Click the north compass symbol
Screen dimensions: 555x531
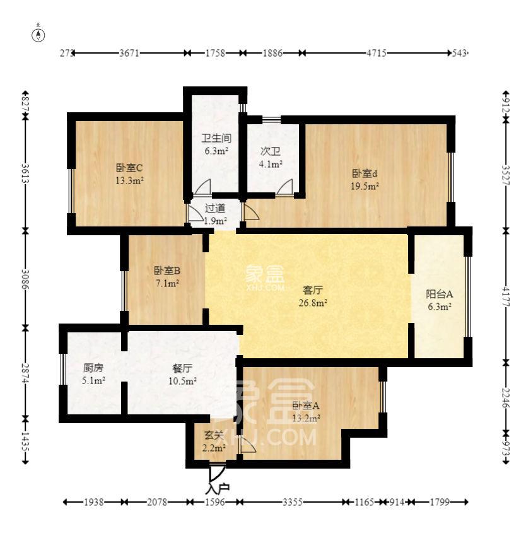point(39,34)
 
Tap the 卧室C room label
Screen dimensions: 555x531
point(129,168)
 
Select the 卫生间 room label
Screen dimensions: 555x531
point(216,138)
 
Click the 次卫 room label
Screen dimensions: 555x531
point(271,151)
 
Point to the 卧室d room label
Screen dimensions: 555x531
point(365,173)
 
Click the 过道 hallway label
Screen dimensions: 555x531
point(214,208)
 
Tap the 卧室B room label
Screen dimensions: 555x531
point(167,271)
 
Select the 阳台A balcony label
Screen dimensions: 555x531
point(440,294)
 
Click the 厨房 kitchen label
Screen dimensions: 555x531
point(93,368)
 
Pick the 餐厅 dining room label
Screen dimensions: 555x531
point(182,368)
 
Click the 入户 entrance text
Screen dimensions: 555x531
point(217,488)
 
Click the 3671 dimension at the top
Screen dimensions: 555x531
point(129,54)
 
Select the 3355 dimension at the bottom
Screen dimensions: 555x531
point(293,502)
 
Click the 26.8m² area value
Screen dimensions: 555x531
point(313,303)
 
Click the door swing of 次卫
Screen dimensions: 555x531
point(286,187)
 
